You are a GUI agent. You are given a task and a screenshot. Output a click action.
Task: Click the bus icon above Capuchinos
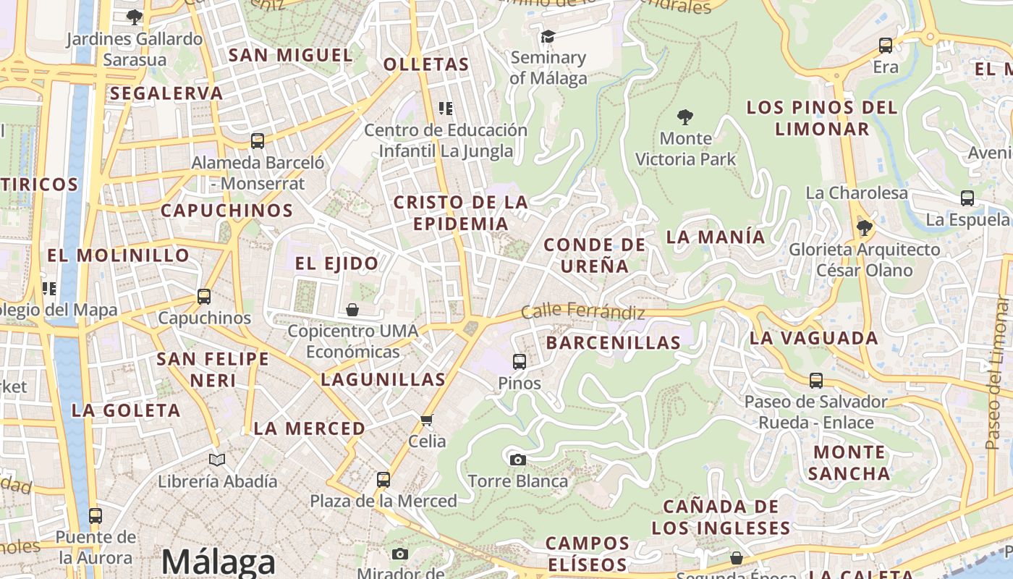[204, 297]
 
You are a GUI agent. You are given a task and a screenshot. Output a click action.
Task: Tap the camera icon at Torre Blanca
[517, 460]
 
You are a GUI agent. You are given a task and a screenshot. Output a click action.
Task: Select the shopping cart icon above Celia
[427, 420]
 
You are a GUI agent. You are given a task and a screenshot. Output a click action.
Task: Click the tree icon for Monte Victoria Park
[684, 117]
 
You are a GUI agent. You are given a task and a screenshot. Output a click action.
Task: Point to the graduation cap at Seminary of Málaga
[548, 36]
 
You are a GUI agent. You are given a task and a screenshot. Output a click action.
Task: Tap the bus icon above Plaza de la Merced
[383, 479]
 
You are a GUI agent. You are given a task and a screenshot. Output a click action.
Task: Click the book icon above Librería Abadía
[217, 460]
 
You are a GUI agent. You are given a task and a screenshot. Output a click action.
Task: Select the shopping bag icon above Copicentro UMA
[352, 310]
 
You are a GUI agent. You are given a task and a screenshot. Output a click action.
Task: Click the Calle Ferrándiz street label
[582, 313]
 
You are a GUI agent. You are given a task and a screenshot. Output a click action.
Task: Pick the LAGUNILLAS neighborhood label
[383, 379]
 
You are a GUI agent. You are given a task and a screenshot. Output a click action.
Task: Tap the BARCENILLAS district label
[613, 342]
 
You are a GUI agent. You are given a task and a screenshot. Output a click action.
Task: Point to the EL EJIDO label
[336, 263]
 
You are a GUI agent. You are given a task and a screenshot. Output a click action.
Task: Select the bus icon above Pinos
[519, 362]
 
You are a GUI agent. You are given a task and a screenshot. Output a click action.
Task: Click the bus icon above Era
[886, 46]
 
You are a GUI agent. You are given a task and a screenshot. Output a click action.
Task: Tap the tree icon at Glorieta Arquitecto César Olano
[864, 229]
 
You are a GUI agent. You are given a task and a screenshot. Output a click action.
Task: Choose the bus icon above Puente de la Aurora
[96, 516]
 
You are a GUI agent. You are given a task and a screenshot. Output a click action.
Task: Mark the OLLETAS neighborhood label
[426, 64]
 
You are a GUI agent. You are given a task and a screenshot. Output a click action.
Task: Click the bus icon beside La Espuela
[967, 198]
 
